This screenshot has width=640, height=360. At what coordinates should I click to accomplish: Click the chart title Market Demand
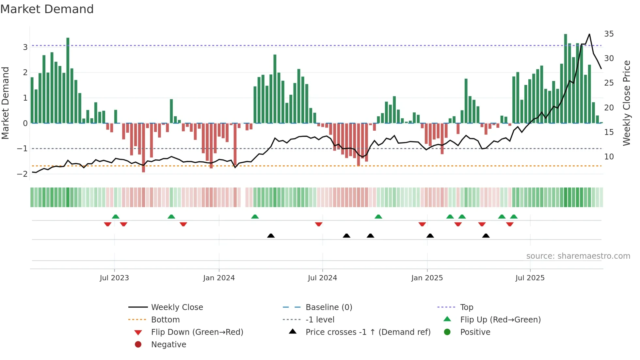tap(47, 9)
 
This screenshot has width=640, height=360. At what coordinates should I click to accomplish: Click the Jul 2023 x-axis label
tap(114, 278)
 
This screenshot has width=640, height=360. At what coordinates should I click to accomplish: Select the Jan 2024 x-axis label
tap(219, 278)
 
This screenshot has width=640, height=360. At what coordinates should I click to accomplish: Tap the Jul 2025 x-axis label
tap(530, 278)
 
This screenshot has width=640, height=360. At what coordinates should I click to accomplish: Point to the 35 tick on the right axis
tap(609, 34)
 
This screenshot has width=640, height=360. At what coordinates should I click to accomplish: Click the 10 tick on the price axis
tap(609, 157)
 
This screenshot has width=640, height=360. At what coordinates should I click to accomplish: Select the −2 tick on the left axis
tap(23, 174)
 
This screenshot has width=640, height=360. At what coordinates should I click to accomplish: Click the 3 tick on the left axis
tap(25, 47)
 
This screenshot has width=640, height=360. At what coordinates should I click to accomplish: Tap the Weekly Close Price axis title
tap(626, 103)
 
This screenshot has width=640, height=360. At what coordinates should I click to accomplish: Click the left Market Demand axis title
tap(5, 103)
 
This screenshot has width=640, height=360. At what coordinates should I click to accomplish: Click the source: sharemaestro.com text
tap(578, 256)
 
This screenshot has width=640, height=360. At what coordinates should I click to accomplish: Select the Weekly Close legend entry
tap(177, 307)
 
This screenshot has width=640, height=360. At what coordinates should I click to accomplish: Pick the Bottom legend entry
tap(165, 320)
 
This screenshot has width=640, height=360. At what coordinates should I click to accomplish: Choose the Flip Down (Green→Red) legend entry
tap(197, 332)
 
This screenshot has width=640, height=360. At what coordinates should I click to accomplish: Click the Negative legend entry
tap(168, 345)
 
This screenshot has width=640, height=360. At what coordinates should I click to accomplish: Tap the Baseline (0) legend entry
tap(329, 307)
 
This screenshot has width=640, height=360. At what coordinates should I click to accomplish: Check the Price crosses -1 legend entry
tap(368, 332)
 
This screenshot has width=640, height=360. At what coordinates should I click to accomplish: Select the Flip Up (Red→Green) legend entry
tap(500, 320)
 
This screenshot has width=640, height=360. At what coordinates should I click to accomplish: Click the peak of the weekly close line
tap(589, 34)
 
